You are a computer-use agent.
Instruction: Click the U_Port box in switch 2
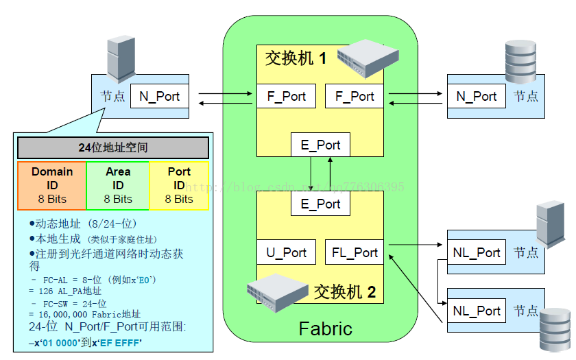pyautogui.click(x=287, y=252)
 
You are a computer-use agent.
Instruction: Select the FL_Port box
pyautogui.click(x=355, y=252)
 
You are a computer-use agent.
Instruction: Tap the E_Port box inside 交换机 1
pyautogui.click(x=320, y=145)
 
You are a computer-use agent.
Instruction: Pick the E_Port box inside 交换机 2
pyautogui.click(x=320, y=204)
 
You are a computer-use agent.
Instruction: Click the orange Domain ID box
pyautogui.click(x=52, y=184)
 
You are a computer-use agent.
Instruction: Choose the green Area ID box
pyautogui.click(x=118, y=184)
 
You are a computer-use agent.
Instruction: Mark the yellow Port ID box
pyautogui.click(x=179, y=184)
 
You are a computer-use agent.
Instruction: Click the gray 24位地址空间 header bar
pyautogui.click(x=113, y=147)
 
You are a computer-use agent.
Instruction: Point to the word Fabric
pyautogui.click(x=325, y=328)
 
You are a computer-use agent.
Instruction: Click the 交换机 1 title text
pyautogui.click(x=296, y=58)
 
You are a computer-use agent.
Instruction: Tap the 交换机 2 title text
pyautogui.click(x=344, y=292)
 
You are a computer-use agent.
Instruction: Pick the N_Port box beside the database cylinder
pyautogui.click(x=477, y=96)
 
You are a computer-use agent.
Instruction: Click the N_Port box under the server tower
pyautogui.click(x=159, y=96)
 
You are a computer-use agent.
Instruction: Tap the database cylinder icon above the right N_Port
pyautogui.click(x=520, y=62)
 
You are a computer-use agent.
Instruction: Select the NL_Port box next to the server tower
pyautogui.click(x=477, y=252)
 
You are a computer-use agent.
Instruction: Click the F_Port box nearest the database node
pyautogui.click(x=355, y=96)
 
